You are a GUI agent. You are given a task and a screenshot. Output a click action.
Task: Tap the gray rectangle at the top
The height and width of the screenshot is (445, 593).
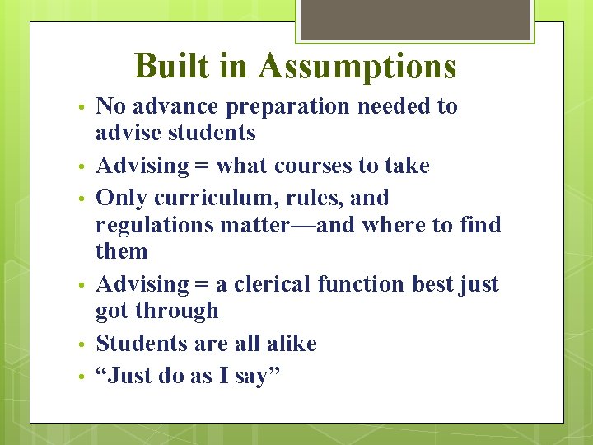(x=415, y=19)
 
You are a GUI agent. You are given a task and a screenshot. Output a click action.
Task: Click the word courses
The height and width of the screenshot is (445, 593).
(x=313, y=166)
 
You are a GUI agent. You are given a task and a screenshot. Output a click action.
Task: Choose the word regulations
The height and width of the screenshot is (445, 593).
(x=155, y=225)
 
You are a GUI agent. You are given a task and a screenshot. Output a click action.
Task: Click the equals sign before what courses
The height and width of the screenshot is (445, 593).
(x=202, y=166)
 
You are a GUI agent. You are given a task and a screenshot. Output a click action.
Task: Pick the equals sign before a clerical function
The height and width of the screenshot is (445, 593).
(x=202, y=285)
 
